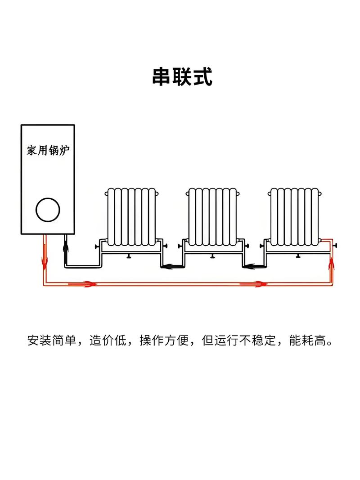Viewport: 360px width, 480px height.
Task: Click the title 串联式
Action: (182, 77)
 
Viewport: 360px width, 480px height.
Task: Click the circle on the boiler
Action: (48, 210)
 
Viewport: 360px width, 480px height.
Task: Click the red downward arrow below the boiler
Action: (45, 260)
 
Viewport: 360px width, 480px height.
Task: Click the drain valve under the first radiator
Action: (129, 256)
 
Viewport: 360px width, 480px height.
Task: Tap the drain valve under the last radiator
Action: (297, 256)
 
